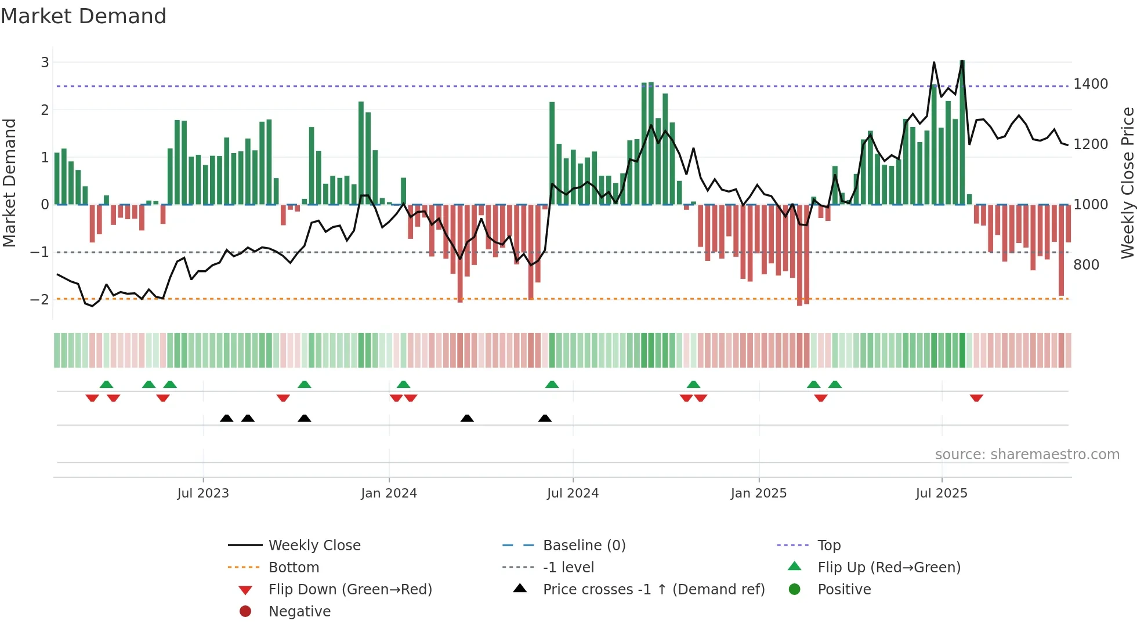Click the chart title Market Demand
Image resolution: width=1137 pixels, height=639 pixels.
(x=84, y=16)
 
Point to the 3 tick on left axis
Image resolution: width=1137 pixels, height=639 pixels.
(x=45, y=62)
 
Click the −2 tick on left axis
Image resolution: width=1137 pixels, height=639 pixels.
(x=40, y=299)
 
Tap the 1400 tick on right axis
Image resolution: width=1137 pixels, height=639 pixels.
(x=1091, y=84)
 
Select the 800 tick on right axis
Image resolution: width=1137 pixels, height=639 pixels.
(x=1086, y=265)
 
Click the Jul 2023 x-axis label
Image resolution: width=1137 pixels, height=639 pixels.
(x=203, y=493)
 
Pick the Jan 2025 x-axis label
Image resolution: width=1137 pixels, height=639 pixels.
(x=758, y=493)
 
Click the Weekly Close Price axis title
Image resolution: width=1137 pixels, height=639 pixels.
(x=1127, y=183)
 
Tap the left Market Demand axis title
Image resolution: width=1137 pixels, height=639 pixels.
(x=9, y=183)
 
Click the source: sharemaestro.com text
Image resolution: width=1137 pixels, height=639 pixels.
(x=1027, y=455)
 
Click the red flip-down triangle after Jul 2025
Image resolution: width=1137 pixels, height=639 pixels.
(x=976, y=398)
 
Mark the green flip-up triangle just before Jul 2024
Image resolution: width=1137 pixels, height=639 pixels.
(x=552, y=384)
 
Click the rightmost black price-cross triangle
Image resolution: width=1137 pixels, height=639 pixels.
(x=545, y=418)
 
